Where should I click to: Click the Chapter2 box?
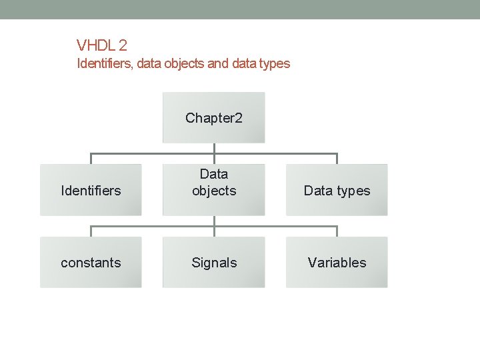[214, 117]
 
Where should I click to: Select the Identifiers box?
[91, 190]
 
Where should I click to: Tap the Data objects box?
[214, 190]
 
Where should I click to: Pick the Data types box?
[337, 190]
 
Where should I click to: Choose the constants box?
[91, 262]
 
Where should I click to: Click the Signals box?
[214, 262]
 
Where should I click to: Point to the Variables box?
[337, 262]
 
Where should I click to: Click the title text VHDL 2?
[101, 45]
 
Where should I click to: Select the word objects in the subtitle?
[184, 64]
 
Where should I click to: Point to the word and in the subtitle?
[218, 63]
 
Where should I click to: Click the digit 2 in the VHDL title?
[122, 45]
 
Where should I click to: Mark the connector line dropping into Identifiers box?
[91, 159]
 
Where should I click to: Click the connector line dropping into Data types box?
[337, 159]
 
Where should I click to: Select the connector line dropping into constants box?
[91, 231]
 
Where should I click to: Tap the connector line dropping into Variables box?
[337, 231]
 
